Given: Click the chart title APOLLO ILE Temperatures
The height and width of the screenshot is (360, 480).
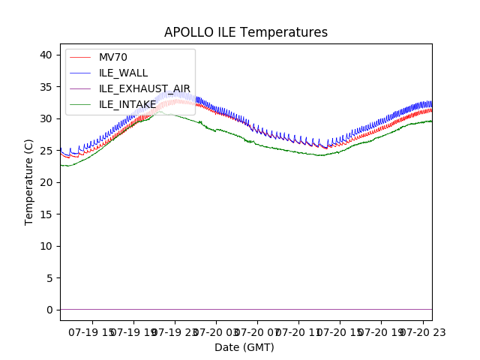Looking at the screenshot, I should (x=246, y=32).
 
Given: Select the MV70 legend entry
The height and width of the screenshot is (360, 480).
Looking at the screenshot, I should (x=113, y=58).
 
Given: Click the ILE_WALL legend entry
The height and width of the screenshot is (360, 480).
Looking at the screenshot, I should (x=123, y=73).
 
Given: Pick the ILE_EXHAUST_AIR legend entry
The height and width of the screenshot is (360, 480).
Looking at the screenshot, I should (x=145, y=88).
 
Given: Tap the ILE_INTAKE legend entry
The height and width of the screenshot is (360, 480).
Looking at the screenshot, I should (x=127, y=104).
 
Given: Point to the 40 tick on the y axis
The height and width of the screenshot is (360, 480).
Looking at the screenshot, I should (x=46, y=55).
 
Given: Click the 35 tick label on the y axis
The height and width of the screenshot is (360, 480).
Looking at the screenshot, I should (x=46, y=87).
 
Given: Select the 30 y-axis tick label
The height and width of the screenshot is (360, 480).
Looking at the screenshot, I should (x=46, y=118).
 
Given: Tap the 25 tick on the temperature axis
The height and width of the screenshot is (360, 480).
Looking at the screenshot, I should (x=46, y=151).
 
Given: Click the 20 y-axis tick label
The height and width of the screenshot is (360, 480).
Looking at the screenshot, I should (x=46, y=182).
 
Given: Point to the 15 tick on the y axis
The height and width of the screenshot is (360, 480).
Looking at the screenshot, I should (x=46, y=214).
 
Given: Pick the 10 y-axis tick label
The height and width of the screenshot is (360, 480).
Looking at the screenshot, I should (x=46, y=246).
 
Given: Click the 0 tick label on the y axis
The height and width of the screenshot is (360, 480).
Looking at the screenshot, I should (x=49, y=310).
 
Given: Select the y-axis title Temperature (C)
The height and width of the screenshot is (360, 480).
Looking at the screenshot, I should (x=29, y=181).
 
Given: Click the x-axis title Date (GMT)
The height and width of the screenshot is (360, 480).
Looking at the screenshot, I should (x=244, y=347).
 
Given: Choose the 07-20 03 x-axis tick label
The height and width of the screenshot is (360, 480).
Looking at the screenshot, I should (x=215, y=332).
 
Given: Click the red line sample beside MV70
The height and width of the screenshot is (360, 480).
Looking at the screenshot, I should (x=80, y=58).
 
